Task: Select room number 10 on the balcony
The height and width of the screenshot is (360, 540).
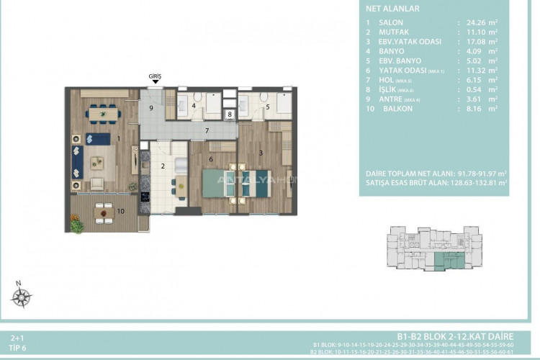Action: pyautogui.click(x=120, y=211)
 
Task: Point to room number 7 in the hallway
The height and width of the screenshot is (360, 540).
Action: pyautogui.click(x=206, y=130)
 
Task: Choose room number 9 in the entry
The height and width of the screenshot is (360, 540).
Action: pyautogui.click(x=151, y=108)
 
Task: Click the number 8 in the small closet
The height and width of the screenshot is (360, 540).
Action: pyautogui.click(x=229, y=114)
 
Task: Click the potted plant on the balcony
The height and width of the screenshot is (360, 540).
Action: pyautogui.click(x=77, y=225)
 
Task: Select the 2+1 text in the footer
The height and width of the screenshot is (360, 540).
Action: pyautogui.click(x=17, y=336)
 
